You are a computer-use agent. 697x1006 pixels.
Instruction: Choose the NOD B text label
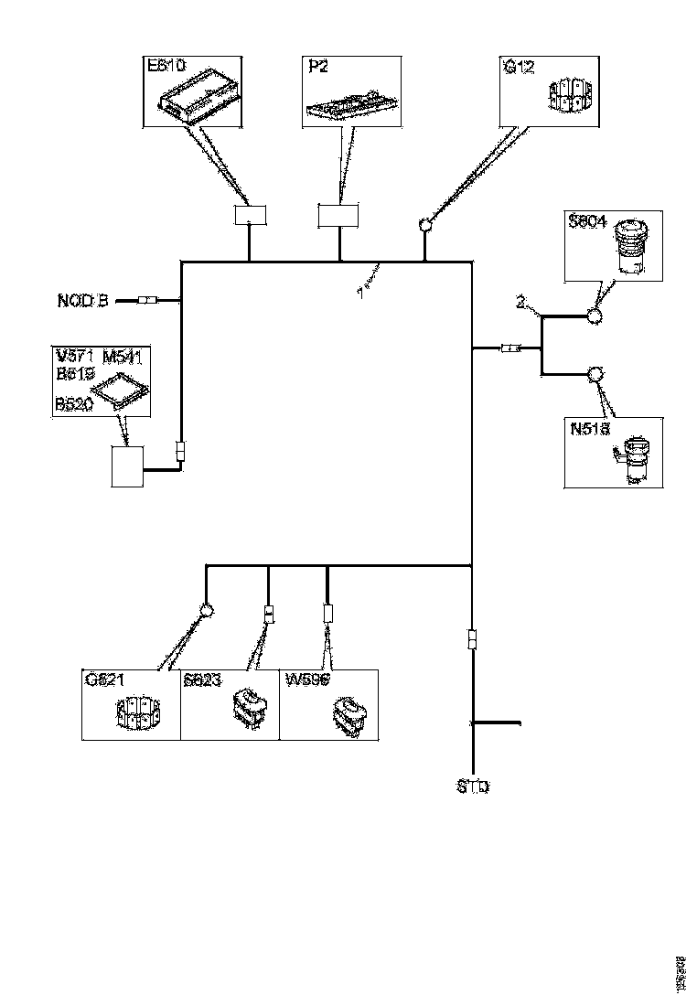click(83, 300)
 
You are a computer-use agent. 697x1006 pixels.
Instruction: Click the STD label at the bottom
click(473, 787)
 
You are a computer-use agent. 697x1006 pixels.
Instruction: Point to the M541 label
click(123, 356)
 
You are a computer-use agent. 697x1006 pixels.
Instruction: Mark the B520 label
click(74, 402)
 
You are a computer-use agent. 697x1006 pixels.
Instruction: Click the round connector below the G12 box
click(425, 224)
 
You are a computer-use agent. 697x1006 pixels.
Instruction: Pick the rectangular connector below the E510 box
click(250, 216)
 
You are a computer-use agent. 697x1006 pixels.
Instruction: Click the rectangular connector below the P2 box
click(339, 216)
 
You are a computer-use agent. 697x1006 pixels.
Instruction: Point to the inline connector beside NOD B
click(149, 300)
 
